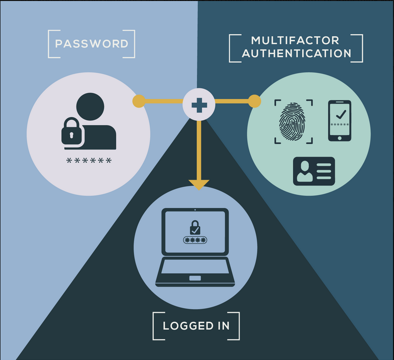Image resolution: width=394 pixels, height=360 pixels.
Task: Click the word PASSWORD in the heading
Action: click(x=92, y=44)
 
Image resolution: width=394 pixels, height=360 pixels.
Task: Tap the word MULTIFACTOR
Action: click(x=295, y=40)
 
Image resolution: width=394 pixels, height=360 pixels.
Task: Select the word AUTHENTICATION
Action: click(x=296, y=53)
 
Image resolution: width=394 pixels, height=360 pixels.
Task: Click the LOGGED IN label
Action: click(x=196, y=326)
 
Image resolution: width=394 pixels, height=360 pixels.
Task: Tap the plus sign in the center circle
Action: click(x=199, y=105)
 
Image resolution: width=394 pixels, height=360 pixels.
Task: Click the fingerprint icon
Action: click(x=292, y=121)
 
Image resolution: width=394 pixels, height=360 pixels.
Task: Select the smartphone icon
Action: click(x=340, y=121)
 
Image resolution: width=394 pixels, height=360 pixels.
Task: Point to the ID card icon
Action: click(x=314, y=171)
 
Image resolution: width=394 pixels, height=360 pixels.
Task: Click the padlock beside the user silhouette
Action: click(x=72, y=131)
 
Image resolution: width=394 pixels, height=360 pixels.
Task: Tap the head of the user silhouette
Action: click(x=90, y=106)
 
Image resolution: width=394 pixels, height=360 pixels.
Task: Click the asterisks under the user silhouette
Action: click(x=89, y=160)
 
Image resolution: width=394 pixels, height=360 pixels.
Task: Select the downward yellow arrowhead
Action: click(x=199, y=184)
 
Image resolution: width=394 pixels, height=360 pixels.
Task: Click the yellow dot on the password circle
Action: click(x=139, y=101)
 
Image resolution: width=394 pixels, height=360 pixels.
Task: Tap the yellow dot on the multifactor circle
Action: click(x=255, y=101)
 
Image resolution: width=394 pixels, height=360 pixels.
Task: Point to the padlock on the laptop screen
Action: click(x=195, y=228)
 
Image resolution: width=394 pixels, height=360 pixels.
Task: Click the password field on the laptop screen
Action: click(x=195, y=240)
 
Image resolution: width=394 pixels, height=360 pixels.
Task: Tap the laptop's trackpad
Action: click(x=195, y=278)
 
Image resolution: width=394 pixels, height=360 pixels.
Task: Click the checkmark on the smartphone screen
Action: click(x=341, y=114)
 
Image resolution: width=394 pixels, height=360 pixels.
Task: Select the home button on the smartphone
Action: click(x=340, y=138)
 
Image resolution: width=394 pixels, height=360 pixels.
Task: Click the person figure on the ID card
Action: click(x=305, y=171)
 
